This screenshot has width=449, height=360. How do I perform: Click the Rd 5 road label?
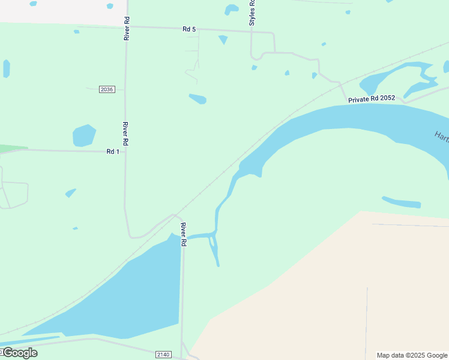[190, 29]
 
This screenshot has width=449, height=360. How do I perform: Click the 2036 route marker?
[107, 89]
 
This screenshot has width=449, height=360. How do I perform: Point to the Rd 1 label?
[113, 152]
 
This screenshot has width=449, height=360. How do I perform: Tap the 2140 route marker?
[163, 355]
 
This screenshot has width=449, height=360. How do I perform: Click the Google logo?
[19, 352]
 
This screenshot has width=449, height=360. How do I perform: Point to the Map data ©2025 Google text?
[412, 355]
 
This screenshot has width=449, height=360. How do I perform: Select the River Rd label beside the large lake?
[184, 234]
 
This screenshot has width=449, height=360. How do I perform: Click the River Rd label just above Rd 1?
[125, 134]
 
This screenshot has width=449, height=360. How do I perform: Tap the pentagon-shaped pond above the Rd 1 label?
[84, 136]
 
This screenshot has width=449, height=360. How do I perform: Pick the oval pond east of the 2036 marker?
[197, 99]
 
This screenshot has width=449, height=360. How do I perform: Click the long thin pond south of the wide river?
[401, 202]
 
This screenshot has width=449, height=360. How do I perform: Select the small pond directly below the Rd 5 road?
[223, 40]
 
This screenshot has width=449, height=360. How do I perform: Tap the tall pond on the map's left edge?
[6, 68]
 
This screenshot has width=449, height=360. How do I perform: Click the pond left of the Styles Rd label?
[231, 10]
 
